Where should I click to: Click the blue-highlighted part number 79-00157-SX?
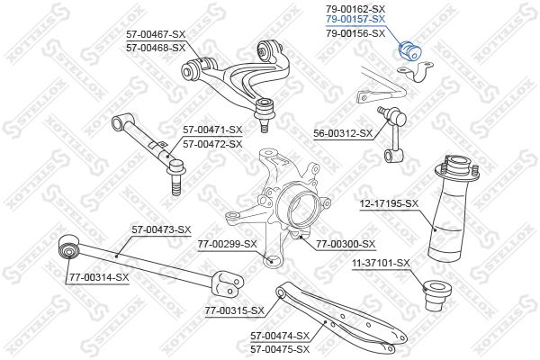355,20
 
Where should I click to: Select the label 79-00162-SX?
355,9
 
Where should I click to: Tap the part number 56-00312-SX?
343,133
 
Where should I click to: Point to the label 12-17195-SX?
389,204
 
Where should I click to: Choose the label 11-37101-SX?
381,264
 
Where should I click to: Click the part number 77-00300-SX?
346,244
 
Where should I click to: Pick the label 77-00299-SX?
228,244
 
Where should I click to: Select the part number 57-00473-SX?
161,229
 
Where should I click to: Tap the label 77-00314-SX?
99,277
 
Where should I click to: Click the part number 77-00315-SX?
235,311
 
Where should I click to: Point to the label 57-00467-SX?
156,34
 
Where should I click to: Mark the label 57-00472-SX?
212,144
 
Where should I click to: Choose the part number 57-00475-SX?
280,349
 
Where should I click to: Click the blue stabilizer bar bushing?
409,50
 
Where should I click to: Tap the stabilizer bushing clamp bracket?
415,72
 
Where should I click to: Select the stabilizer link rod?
393,134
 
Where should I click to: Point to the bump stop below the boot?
436,295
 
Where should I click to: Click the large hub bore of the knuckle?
301,209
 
